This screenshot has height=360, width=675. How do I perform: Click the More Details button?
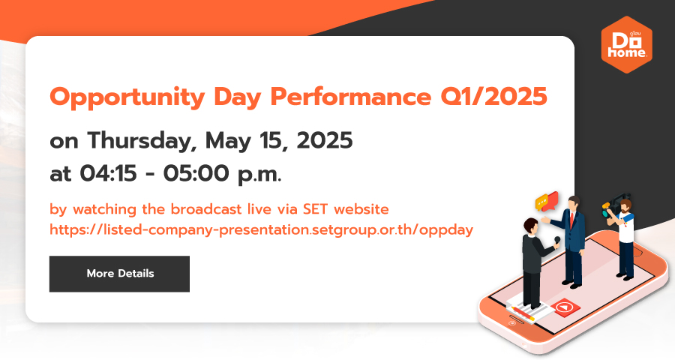[x=119, y=274]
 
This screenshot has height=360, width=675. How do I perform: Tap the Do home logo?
[x=626, y=45]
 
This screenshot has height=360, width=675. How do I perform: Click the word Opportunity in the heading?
[x=127, y=97]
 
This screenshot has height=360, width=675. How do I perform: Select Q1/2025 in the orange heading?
[x=493, y=97]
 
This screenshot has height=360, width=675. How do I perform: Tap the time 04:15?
[x=108, y=174]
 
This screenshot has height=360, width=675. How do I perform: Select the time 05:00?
[x=196, y=174]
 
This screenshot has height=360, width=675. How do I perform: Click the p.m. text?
[x=259, y=175]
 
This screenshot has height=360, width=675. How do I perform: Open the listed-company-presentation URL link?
[x=261, y=229]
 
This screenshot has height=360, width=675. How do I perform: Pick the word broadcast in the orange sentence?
[x=205, y=209]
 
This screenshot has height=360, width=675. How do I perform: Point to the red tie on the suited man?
[x=571, y=220]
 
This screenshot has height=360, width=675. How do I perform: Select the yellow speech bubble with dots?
[x=541, y=202]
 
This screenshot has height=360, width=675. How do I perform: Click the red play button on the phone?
[x=565, y=307]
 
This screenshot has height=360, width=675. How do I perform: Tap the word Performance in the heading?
[x=350, y=97]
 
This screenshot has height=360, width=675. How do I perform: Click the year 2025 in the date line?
[x=325, y=141]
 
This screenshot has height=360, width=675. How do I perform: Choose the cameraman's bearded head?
[x=625, y=205]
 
